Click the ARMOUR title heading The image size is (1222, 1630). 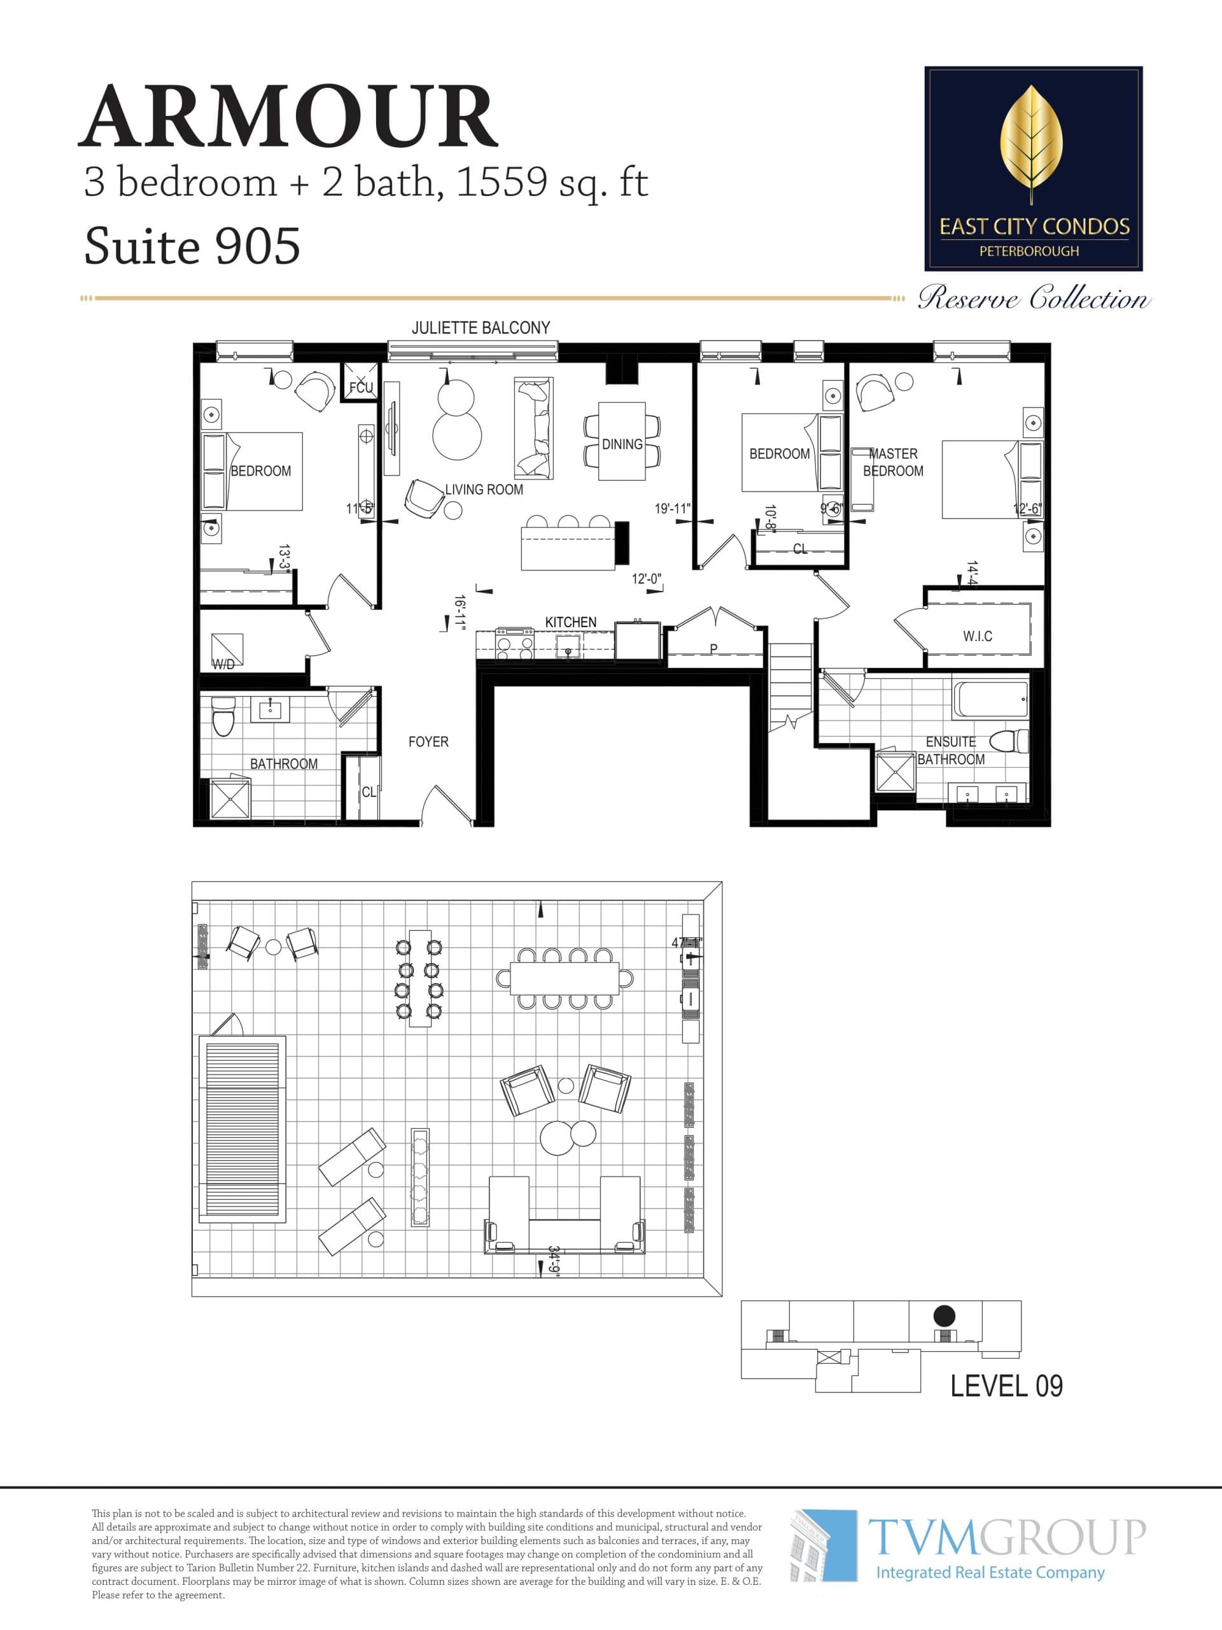point(289,117)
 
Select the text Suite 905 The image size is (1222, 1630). point(192,246)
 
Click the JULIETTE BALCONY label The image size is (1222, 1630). point(481,328)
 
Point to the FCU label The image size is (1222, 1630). point(361,388)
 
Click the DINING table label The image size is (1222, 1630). point(622,444)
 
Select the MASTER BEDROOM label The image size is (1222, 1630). point(893,462)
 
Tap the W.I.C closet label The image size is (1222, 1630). point(977,636)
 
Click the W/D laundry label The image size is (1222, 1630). point(223,664)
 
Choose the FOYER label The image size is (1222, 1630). point(428,741)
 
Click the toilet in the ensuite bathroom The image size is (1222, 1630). point(1010,740)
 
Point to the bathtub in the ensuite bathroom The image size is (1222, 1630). point(990,699)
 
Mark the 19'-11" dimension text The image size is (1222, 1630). point(671,509)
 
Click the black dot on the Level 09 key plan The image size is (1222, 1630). point(945,1315)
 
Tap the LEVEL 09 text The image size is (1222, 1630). point(1006,1386)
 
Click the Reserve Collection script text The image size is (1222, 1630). point(1033,299)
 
